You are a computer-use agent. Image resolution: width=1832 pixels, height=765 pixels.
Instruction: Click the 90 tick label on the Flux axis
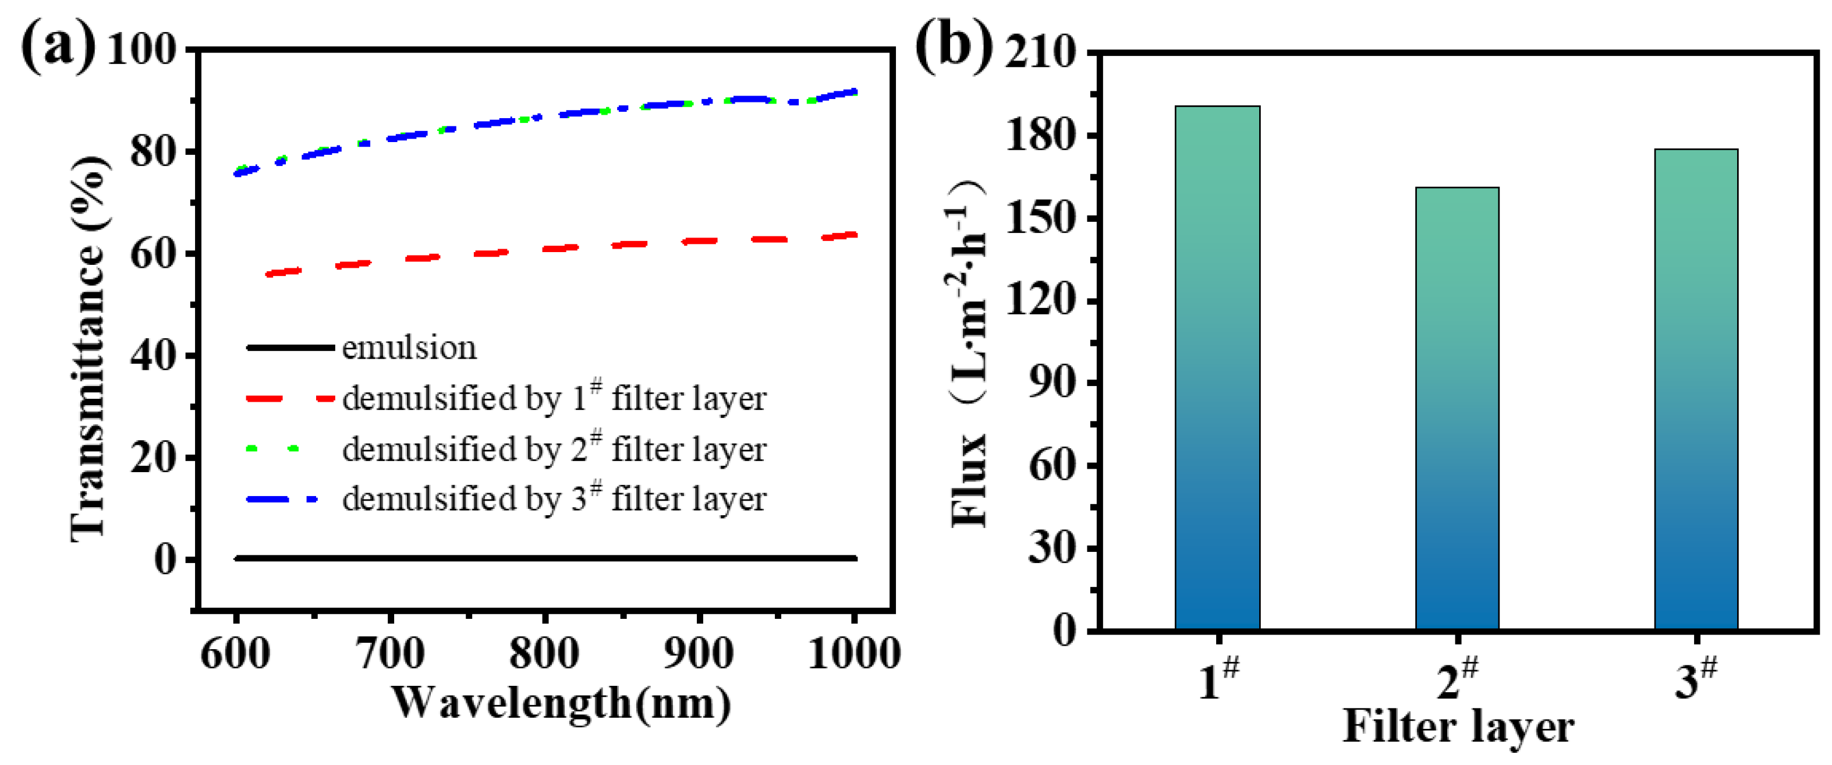[1052, 382]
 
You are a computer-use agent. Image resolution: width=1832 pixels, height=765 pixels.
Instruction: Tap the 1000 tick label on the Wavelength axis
[854, 653]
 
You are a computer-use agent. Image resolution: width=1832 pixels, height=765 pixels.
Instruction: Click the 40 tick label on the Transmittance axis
[153, 356]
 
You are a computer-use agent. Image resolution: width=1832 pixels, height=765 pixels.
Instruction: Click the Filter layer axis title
[1458, 727]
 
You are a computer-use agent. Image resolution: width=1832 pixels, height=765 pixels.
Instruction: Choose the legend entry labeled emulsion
[409, 348]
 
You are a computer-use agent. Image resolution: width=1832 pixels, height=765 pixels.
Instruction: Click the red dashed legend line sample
[289, 399]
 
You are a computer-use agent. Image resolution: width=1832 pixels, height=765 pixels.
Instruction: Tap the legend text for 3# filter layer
[554, 498]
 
